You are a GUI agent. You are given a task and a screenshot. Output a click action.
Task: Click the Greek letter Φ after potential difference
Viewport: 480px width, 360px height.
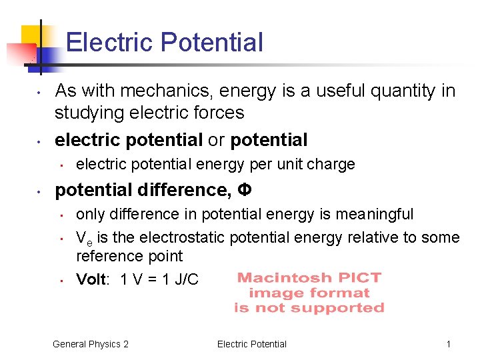pyautogui.click(x=245, y=191)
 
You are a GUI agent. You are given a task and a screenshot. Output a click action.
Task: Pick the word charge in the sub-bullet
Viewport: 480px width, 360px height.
pyautogui.click(x=331, y=164)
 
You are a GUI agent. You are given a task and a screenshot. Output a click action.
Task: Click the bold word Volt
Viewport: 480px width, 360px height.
pyautogui.click(x=91, y=279)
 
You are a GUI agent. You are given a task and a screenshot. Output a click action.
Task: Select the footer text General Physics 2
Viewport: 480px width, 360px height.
pyautogui.click(x=91, y=344)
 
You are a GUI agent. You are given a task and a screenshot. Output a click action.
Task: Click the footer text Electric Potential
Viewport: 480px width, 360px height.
pyautogui.click(x=252, y=344)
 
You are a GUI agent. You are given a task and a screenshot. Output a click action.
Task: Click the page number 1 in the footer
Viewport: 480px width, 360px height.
pyautogui.click(x=449, y=344)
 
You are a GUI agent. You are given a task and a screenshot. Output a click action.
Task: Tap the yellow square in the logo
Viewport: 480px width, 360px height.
pyautogui.click(x=32, y=36)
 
